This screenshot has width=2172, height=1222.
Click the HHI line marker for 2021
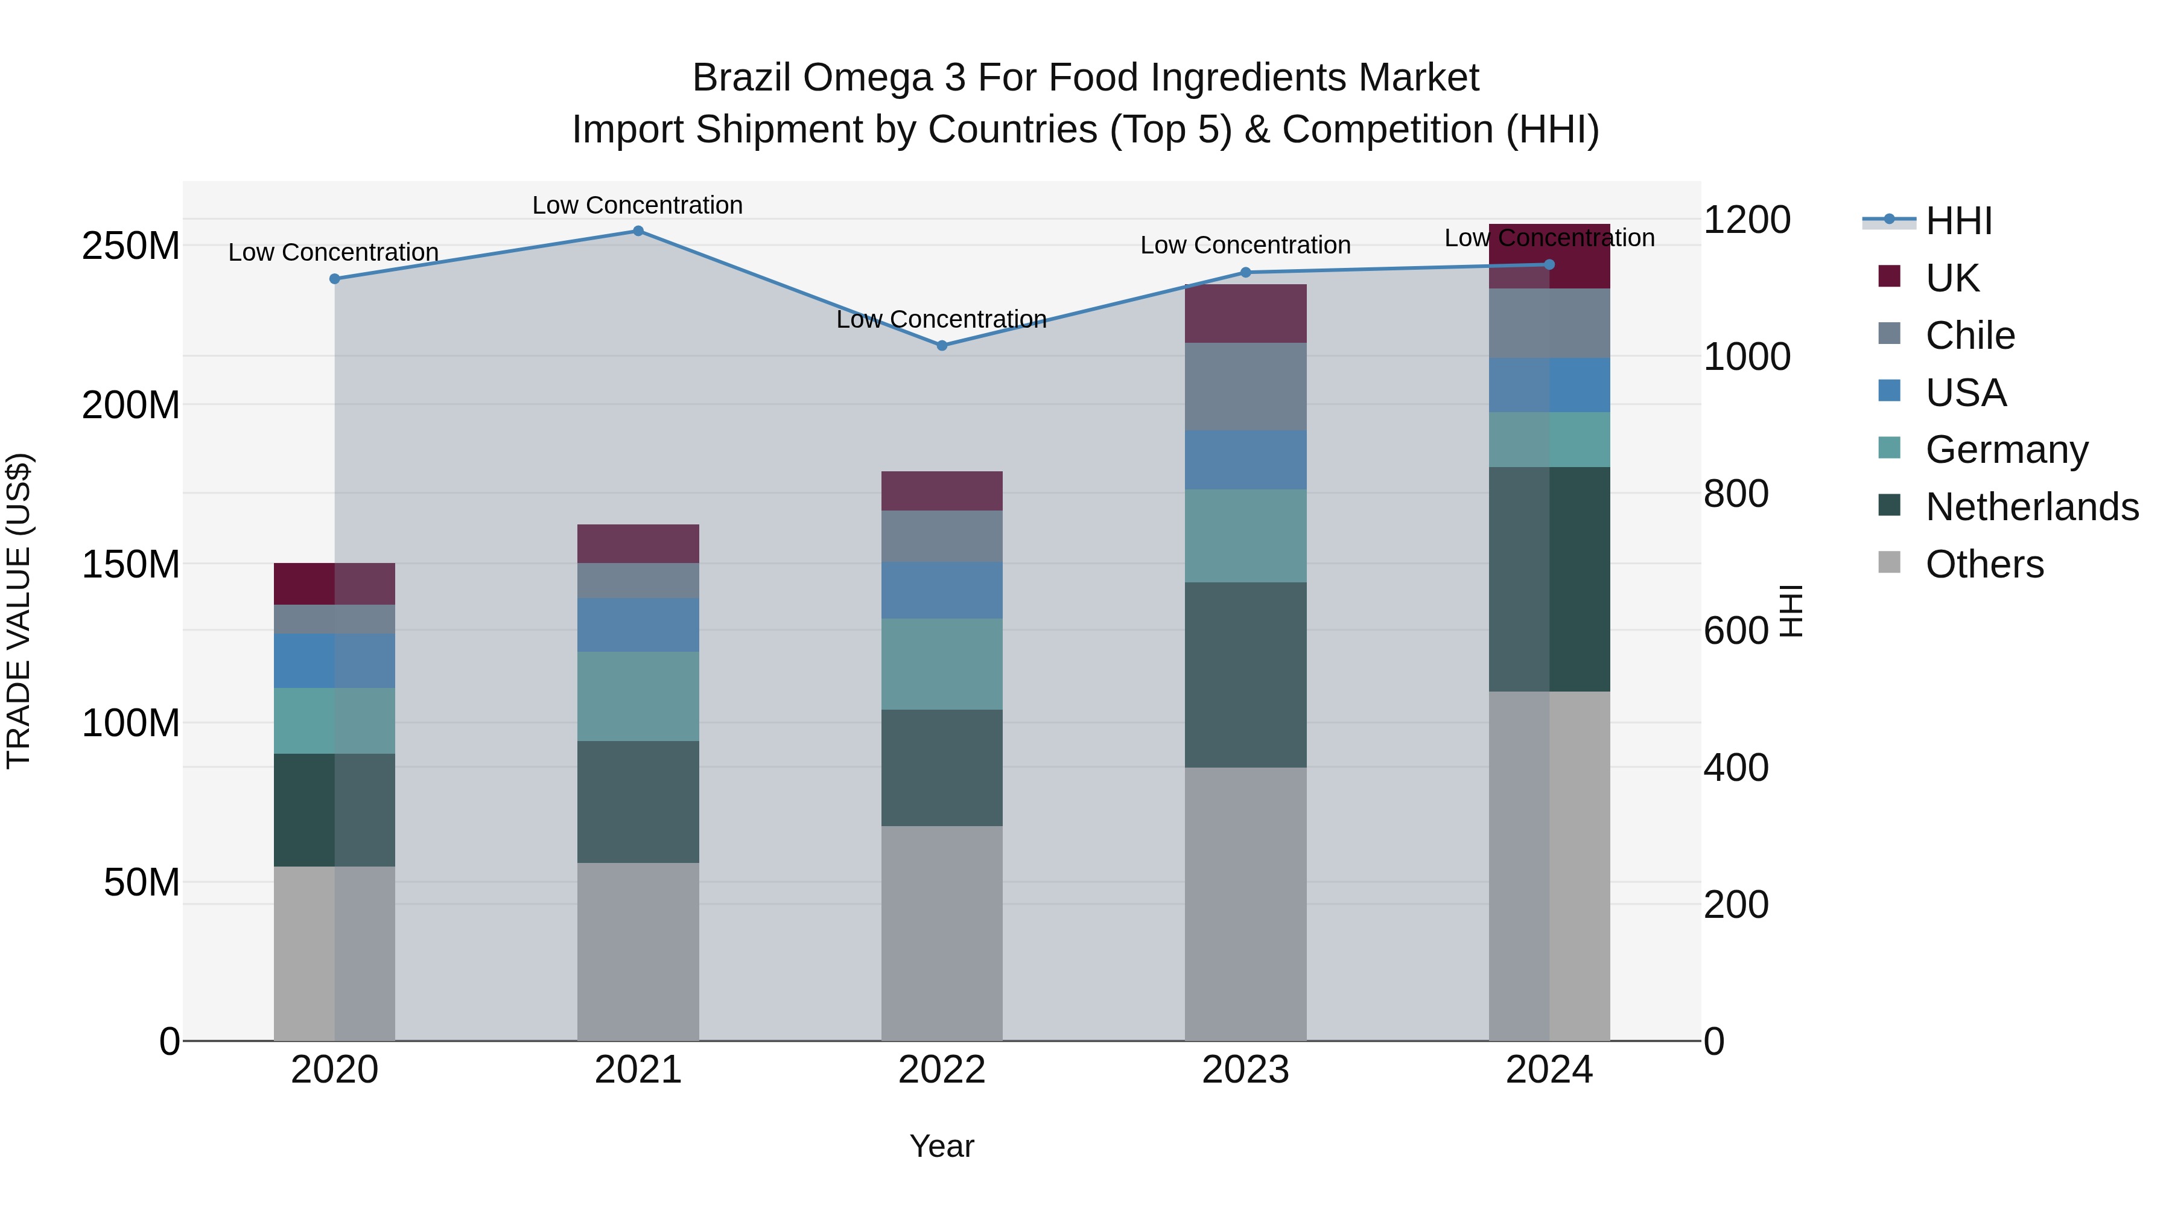click(x=638, y=231)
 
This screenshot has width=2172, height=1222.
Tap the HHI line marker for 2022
click(x=942, y=346)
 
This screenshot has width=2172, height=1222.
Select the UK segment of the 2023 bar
click(x=1245, y=314)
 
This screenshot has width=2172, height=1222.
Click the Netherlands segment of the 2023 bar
click(x=1245, y=675)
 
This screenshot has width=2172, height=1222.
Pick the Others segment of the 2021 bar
click(x=638, y=951)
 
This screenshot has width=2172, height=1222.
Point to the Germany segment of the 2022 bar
click(x=942, y=664)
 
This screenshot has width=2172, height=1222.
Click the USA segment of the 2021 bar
click(x=638, y=625)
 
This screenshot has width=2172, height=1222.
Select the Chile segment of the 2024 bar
click(x=1549, y=323)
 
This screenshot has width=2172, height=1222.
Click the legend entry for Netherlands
click(x=2031, y=507)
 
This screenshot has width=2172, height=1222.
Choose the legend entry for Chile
click(x=1970, y=336)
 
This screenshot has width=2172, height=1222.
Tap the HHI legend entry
click(x=1958, y=221)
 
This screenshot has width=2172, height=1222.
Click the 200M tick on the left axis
click(x=131, y=406)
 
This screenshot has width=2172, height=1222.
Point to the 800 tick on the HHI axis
click(x=1735, y=494)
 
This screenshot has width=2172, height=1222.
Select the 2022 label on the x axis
click(x=942, y=1070)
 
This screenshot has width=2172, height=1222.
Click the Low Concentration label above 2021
click(x=638, y=205)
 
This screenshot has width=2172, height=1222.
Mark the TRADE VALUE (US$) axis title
click(x=19, y=611)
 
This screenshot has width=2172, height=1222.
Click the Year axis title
click(x=942, y=1146)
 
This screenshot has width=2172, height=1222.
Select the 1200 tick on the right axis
click(x=1746, y=220)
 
